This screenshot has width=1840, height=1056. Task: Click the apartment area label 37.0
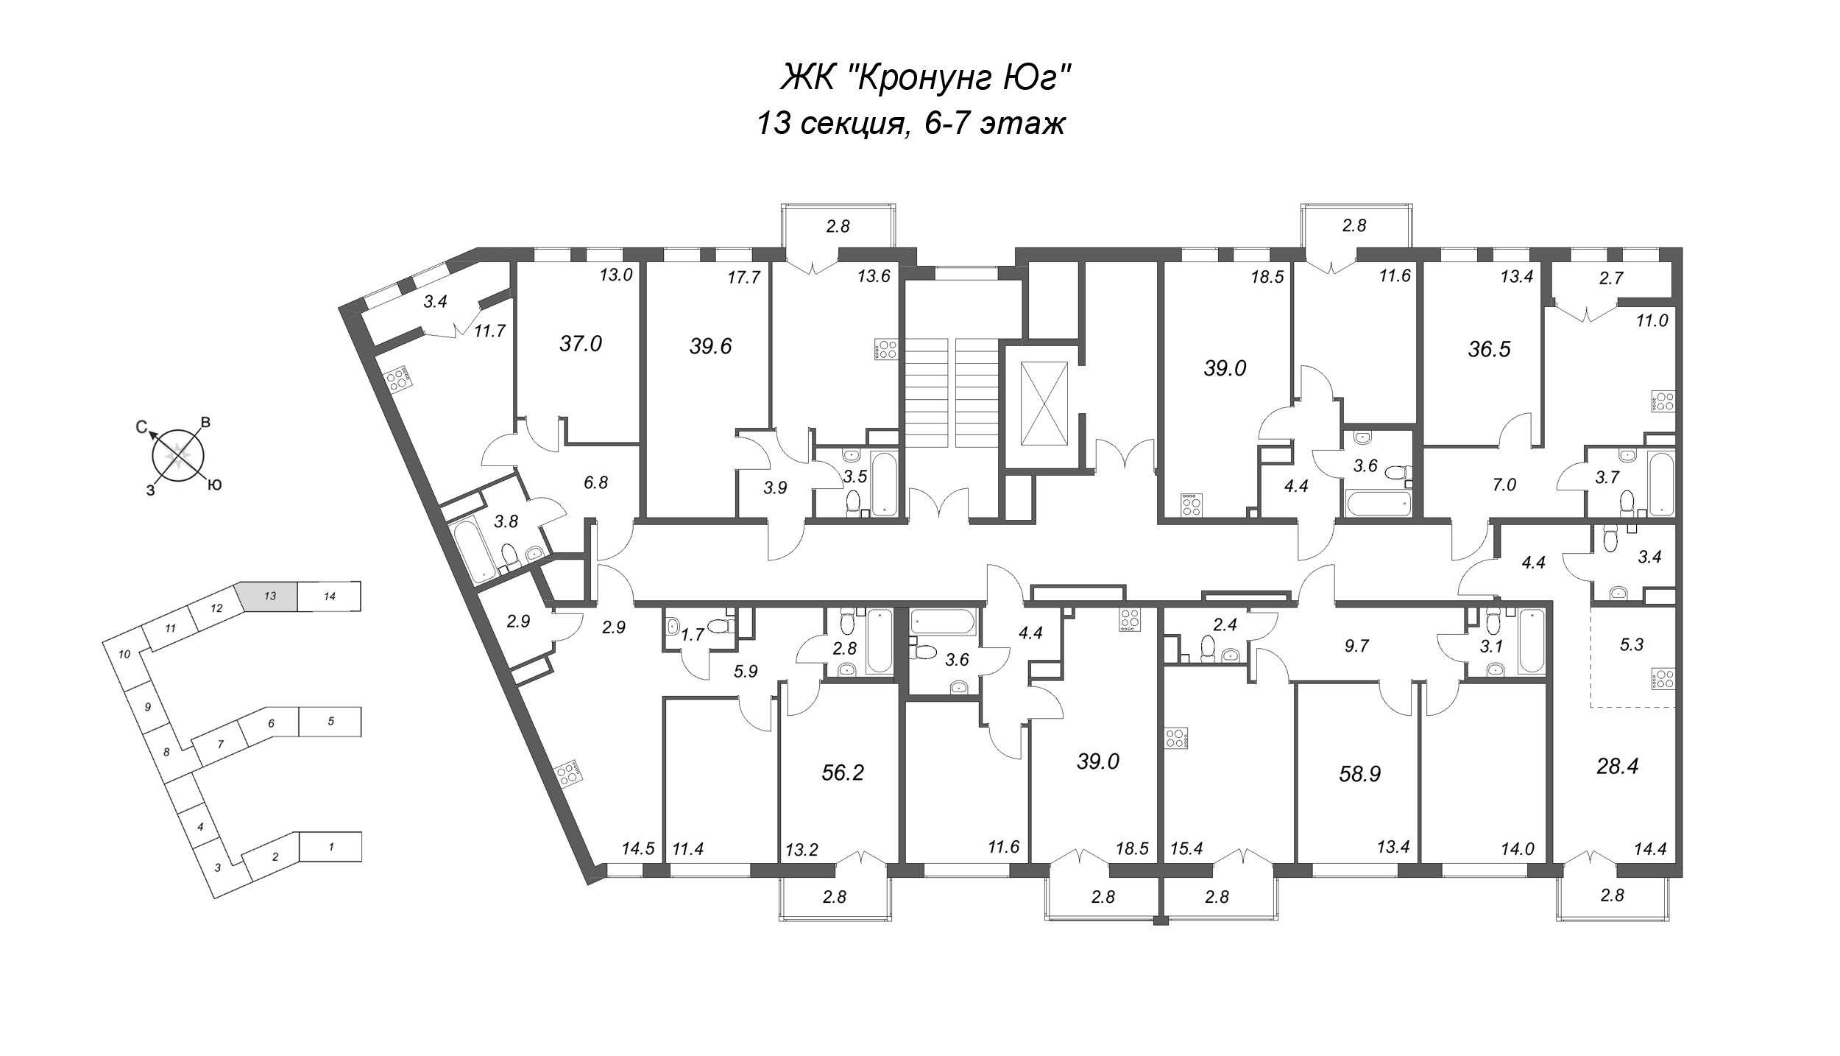tap(581, 343)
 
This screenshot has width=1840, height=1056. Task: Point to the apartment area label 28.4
tap(1617, 767)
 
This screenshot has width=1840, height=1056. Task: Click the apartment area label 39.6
tap(710, 346)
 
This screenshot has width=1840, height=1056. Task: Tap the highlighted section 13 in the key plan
tap(269, 596)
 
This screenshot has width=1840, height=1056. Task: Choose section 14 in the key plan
tap(330, 596)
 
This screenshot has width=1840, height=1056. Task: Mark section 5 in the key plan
tap(330, 722)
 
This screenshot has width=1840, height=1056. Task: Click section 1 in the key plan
tap(331, 847)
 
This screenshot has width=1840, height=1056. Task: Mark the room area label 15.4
tap(1186, 849)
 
